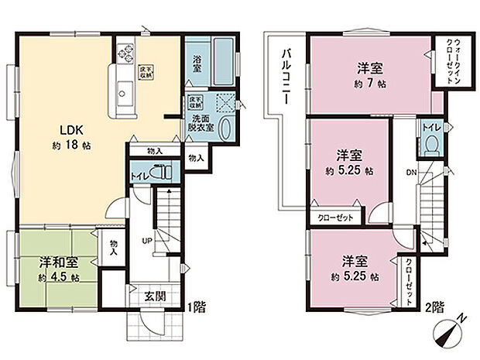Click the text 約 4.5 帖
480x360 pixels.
click(60, 276)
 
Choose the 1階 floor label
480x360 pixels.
click(195, 306)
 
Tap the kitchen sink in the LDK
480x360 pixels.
click(124, 94)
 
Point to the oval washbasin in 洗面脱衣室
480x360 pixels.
click(225, 129)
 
